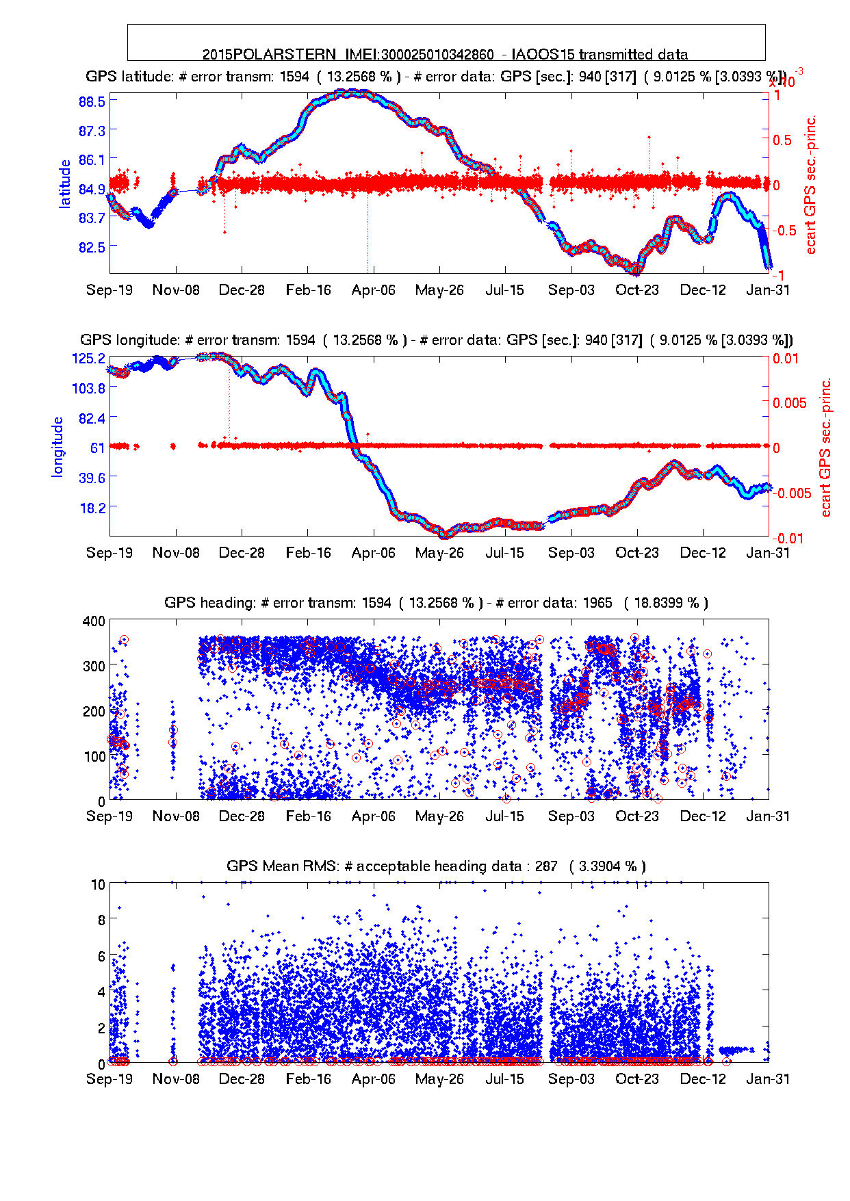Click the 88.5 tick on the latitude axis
[x=92, y=101]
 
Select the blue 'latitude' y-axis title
[x=64, y=183]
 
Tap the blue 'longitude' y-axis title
[x=57, y=446]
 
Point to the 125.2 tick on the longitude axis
[x=88, y=358]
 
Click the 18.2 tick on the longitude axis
[x=92, y=507]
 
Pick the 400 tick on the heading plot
[x=94, y=621]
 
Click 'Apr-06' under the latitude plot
[x=373, y=290]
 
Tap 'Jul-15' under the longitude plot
[x=504, y=553]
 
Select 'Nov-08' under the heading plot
[x=176, y=816]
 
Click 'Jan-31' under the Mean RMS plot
[x=768, y=1079]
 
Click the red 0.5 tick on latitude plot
[x=782, y=140]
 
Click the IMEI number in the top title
[x=437, y=55]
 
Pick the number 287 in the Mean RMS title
[x=546, y=866]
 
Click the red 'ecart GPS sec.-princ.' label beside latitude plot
[x=811, y=185]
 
